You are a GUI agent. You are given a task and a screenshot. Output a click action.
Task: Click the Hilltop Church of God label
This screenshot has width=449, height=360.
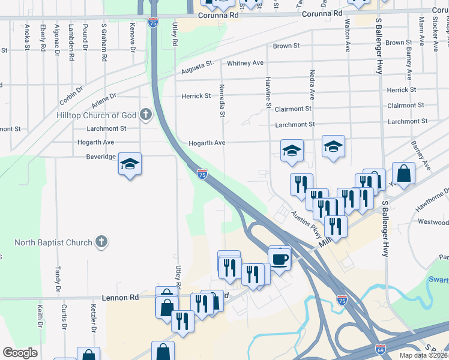(96, 115)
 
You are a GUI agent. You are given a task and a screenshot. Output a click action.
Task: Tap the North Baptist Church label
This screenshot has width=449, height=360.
(54, 242)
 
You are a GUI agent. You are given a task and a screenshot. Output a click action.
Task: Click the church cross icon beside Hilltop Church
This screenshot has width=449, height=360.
(145, 115)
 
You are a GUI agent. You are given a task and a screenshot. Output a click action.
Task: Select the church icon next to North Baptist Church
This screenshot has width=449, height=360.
(102, 242)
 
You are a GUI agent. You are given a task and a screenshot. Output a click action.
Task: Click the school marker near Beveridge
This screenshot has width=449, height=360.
(130, 165)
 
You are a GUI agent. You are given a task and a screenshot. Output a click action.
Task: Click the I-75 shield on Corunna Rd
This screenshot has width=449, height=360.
(154, 22)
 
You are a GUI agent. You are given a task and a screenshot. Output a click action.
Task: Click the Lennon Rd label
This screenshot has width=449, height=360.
(120, 297)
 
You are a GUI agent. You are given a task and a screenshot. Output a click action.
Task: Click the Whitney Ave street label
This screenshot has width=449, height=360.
(245, 63)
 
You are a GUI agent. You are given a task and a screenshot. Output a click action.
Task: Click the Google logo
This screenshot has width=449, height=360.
(20, 352)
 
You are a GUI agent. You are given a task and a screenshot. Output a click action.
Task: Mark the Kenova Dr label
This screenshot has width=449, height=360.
(133, 36)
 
